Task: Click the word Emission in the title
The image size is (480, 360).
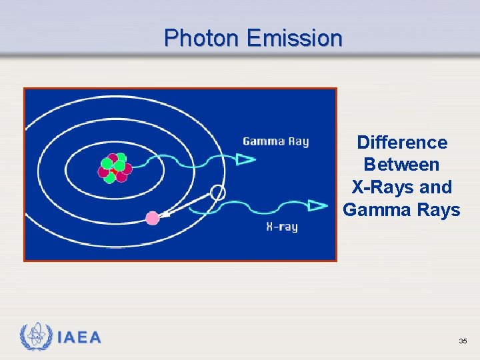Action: [x=294, y=37]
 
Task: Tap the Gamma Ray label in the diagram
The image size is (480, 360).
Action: [x=275, y=141]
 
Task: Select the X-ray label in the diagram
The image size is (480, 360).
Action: [x=282, y=227]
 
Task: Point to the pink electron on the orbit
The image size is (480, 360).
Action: [x=153, y=217]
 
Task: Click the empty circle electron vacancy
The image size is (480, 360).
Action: [x=217, y=193]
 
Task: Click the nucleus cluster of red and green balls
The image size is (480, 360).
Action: [x=113, y=168]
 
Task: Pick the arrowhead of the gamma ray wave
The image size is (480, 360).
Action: [x=246, y=159]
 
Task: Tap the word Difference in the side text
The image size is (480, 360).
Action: [x=402, y=142]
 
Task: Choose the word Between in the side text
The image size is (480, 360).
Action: [x=401, y=165]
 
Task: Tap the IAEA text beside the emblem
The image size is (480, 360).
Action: [x=79, y=337]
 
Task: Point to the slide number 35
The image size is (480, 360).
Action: [x=463, y=341]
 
